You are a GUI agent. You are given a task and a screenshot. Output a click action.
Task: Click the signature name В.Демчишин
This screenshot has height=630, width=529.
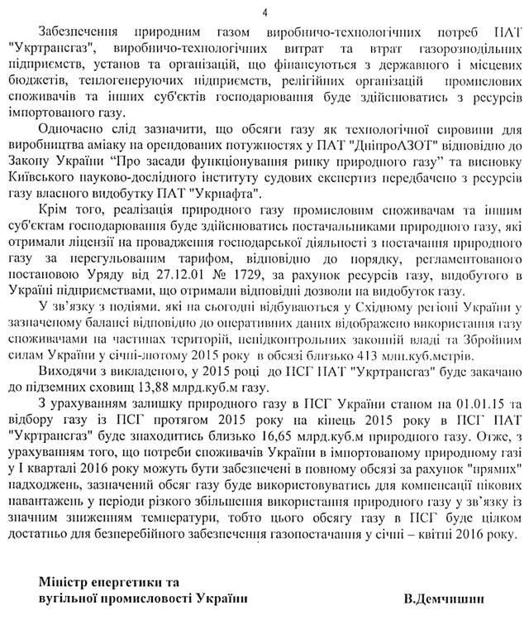(444, 598)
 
